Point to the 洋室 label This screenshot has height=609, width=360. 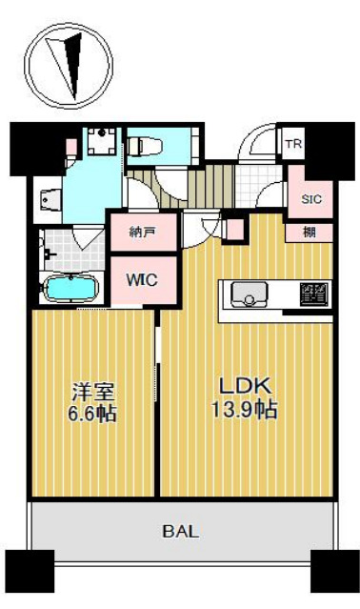click(x=92, y=391)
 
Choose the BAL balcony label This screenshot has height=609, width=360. click(x=180, y=532)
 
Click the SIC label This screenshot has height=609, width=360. click(x=310, y=199)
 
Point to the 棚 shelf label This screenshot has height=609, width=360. click(x=311, y=232)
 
